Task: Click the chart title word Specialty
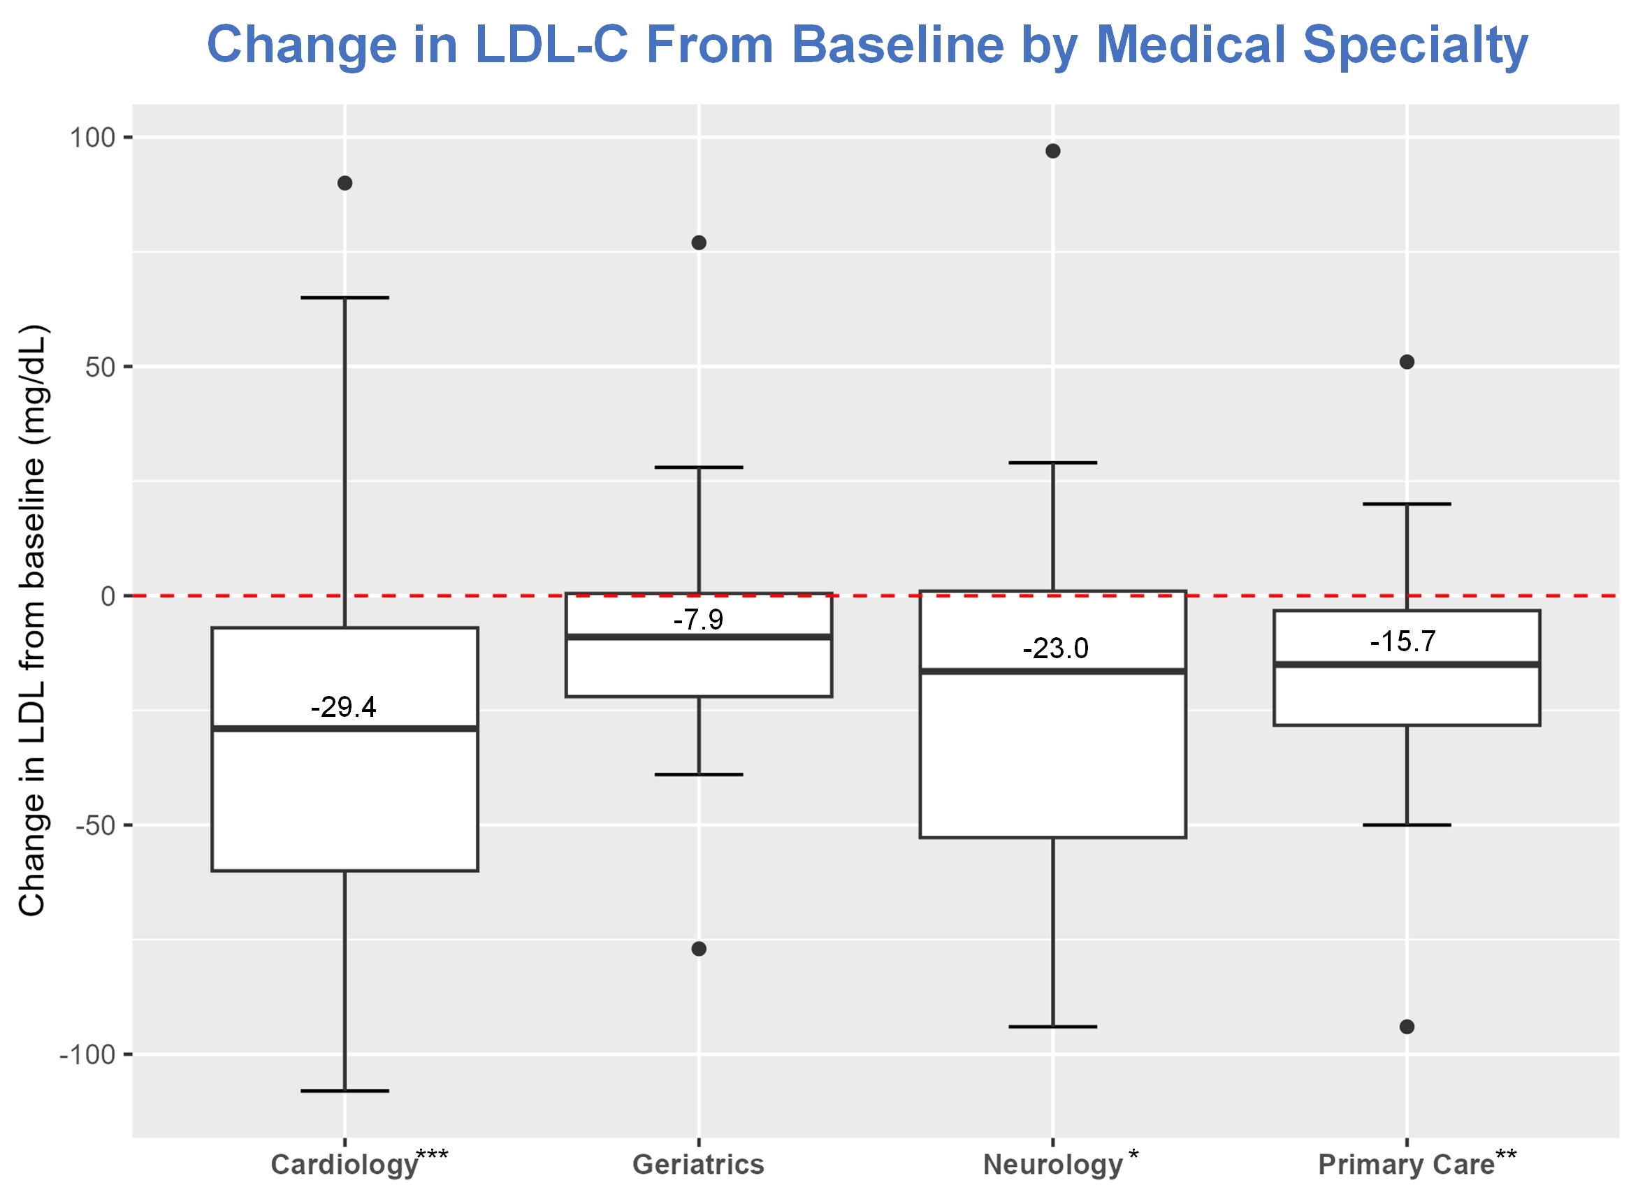pos(1414,45)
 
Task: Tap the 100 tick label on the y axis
pos(92,137)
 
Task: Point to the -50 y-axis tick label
pos(96,826)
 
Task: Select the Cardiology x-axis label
pos(344,1164)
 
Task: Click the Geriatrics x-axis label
pos(698,1164)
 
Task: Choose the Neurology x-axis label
pos(1052,1164)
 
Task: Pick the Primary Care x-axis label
pos(1406,1164)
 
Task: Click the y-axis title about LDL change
pos(33,620)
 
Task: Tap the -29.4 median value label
pos(343,707)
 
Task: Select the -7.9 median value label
pos(698,619)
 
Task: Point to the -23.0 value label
pos(1055,648)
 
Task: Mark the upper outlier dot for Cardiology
pos(345,183)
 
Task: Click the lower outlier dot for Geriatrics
pos(699,949)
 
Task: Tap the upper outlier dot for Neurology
pos(1053,151)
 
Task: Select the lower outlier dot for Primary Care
pos(1407,1026)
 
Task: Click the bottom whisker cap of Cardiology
pos(345,1090)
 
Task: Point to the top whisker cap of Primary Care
pos(1407,504)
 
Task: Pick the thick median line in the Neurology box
pos(1053,671)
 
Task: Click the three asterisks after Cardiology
pos(433,1155)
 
